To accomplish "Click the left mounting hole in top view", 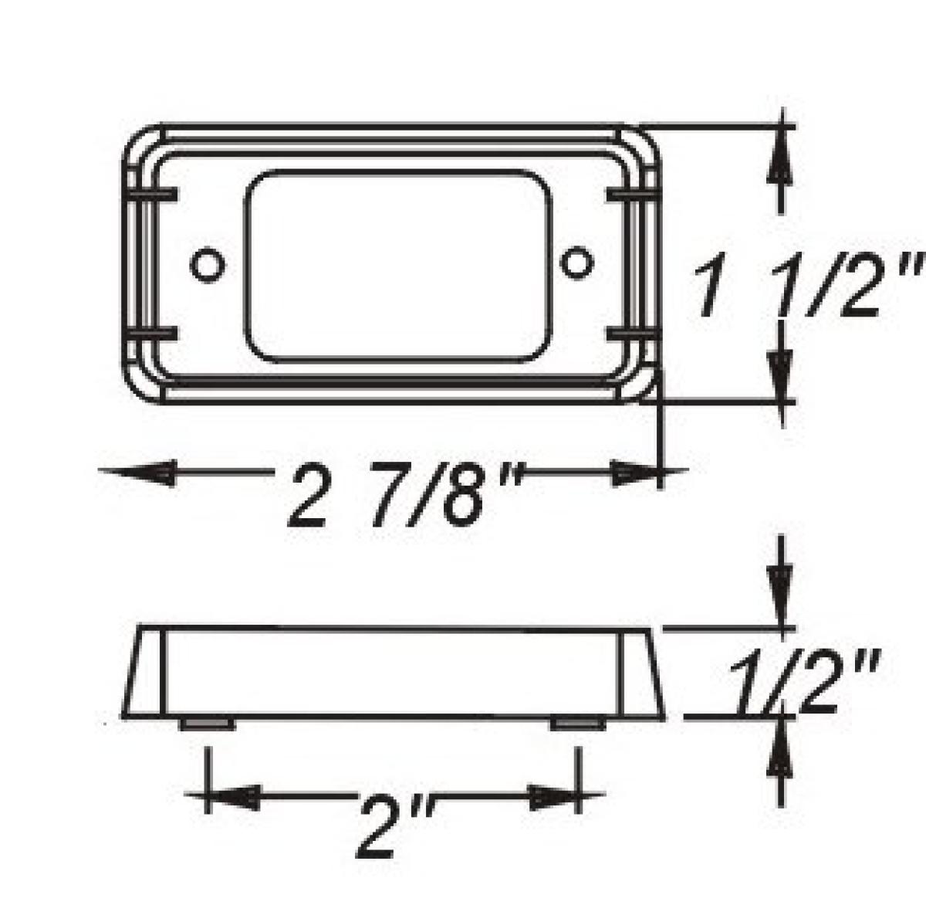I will click(208, 264).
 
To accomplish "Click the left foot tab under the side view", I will click(208, 724).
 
